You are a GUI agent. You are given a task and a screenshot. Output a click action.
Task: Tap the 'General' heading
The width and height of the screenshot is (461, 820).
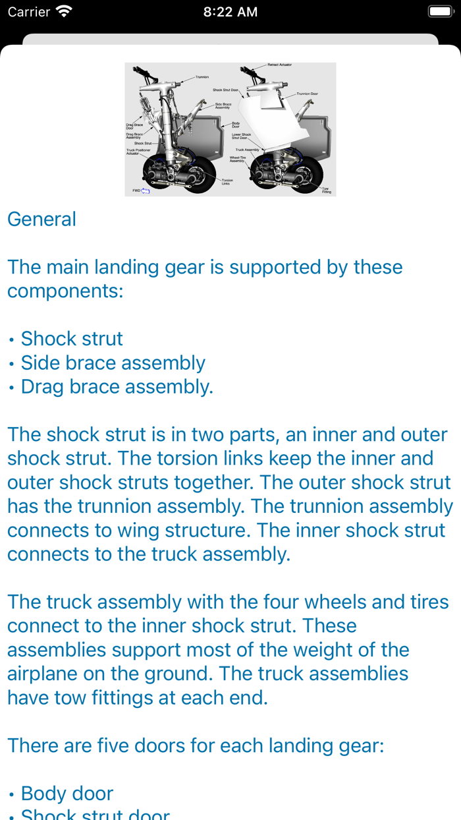click(41, 219)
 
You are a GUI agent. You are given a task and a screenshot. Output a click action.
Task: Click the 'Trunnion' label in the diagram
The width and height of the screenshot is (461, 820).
click(202, 77)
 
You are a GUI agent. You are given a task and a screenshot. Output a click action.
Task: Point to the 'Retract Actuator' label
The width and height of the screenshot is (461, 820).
click(280, 65)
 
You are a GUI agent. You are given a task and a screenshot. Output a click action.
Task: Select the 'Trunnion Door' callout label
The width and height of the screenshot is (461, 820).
click(307, 94)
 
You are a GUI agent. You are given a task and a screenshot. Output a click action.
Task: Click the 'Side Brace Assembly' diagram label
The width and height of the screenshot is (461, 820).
click(223, 105)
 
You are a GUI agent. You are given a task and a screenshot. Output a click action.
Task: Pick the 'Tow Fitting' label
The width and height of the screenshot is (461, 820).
click(326, 190)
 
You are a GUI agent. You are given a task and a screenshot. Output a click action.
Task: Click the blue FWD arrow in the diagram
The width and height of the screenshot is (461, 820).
click(146, 190)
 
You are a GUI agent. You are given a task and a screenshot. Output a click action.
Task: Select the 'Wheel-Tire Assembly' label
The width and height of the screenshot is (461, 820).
click(237, 159)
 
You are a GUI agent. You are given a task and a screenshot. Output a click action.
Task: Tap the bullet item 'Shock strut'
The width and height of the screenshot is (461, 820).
click(72, 339)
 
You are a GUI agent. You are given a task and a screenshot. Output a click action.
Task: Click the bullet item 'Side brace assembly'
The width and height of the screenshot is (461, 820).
click(113, 363)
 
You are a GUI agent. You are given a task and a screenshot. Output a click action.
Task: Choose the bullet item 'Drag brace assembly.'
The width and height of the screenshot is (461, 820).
click(117, 386)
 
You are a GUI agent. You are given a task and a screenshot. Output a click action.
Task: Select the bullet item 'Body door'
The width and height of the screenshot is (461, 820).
click(67, 794)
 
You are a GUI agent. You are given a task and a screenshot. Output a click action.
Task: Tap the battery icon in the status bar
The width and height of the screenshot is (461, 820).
click(440, 12)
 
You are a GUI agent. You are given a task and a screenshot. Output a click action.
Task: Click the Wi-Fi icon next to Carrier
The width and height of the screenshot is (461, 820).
click(64, 12)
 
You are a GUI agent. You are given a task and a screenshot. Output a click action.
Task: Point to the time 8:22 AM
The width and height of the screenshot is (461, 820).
click(230, 12)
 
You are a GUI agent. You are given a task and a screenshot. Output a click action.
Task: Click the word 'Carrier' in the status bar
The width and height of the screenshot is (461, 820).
click(29, 12)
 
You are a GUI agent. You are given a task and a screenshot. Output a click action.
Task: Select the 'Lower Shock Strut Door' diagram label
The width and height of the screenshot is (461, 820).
click(241, 136)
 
